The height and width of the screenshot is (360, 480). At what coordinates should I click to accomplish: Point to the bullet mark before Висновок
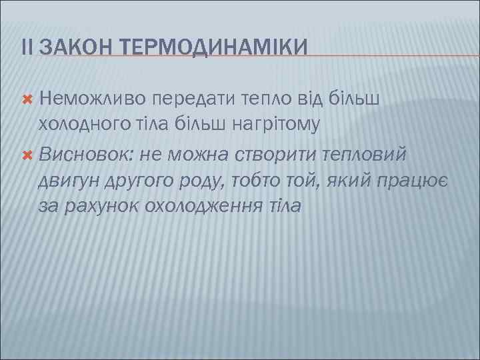pos(28,155)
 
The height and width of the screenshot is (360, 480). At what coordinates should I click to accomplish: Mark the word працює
pos(415,180)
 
